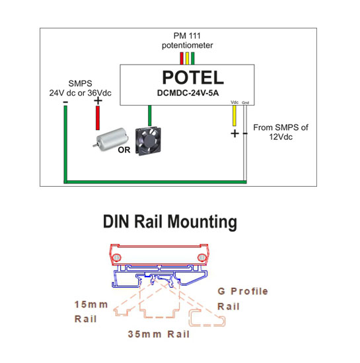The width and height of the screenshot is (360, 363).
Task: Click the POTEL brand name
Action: click(x=193, y=77)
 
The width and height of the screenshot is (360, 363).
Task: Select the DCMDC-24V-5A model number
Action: click(x=188, y=93)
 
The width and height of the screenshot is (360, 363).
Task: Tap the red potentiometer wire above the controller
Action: click(x=182, y=58)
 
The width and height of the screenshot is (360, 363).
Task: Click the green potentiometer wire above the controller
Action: click(x=193, y=58)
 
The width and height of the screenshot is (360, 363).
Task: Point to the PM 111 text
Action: click(x=187, y=36)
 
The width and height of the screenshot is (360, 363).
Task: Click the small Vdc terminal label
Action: click(x=234, y=102)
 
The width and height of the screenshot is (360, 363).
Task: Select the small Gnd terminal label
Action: click(x=245, y=102)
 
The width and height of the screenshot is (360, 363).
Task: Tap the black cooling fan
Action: click(x=148, y=141)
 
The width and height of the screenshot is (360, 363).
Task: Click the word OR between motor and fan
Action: click(x=124, y=150)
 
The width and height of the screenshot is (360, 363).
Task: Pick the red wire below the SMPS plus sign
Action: click(x=98, y=118)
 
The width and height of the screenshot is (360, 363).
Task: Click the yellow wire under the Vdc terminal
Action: click(x=234, y=115)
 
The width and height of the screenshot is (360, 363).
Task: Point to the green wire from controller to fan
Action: click(x=150, y=115)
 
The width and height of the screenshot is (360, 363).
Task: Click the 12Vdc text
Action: click(x=281, y=137)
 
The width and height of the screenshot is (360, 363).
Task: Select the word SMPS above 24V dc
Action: click(x=80, y=83)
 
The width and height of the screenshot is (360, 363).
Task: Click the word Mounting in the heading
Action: click(x=202, y=222)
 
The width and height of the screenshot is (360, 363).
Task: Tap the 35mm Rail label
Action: click(x=159, y=334)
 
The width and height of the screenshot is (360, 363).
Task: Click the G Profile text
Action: click(x=243, y=291)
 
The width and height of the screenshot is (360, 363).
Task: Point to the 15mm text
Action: click(x=91, y=304)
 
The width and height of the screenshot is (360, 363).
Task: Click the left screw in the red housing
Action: click(x=116, y=257)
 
